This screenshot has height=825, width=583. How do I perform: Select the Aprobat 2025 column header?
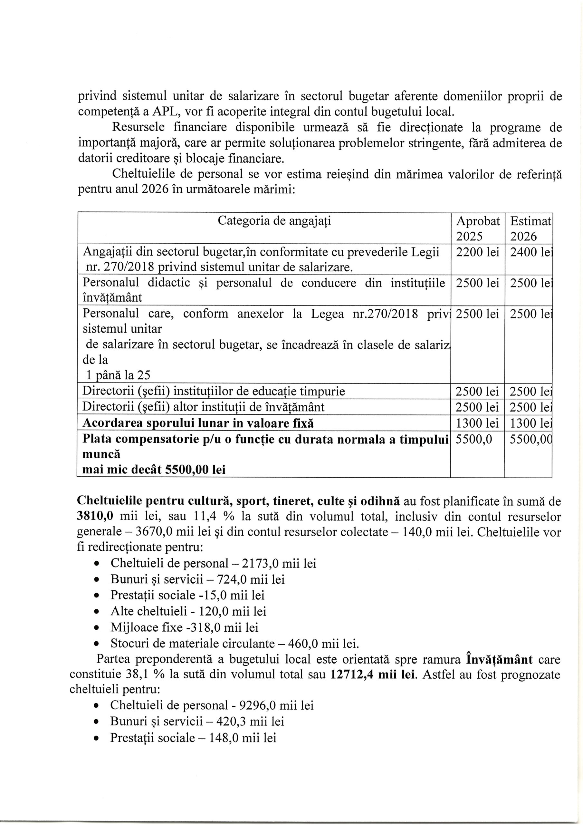coord(477,228)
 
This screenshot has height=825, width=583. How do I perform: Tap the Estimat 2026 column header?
coord(530,228)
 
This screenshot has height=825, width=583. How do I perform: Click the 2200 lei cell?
coord(477,252)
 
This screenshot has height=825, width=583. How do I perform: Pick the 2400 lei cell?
coord(530,252)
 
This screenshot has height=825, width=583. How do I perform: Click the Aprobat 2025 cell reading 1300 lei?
coord(477,423)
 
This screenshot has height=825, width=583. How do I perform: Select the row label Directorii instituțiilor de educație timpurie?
coord(214,391)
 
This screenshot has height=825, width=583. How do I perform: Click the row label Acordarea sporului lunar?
coord(198,423)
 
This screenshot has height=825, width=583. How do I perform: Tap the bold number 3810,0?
coord(96,516)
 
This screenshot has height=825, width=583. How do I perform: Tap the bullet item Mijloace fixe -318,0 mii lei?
coord(184,627)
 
